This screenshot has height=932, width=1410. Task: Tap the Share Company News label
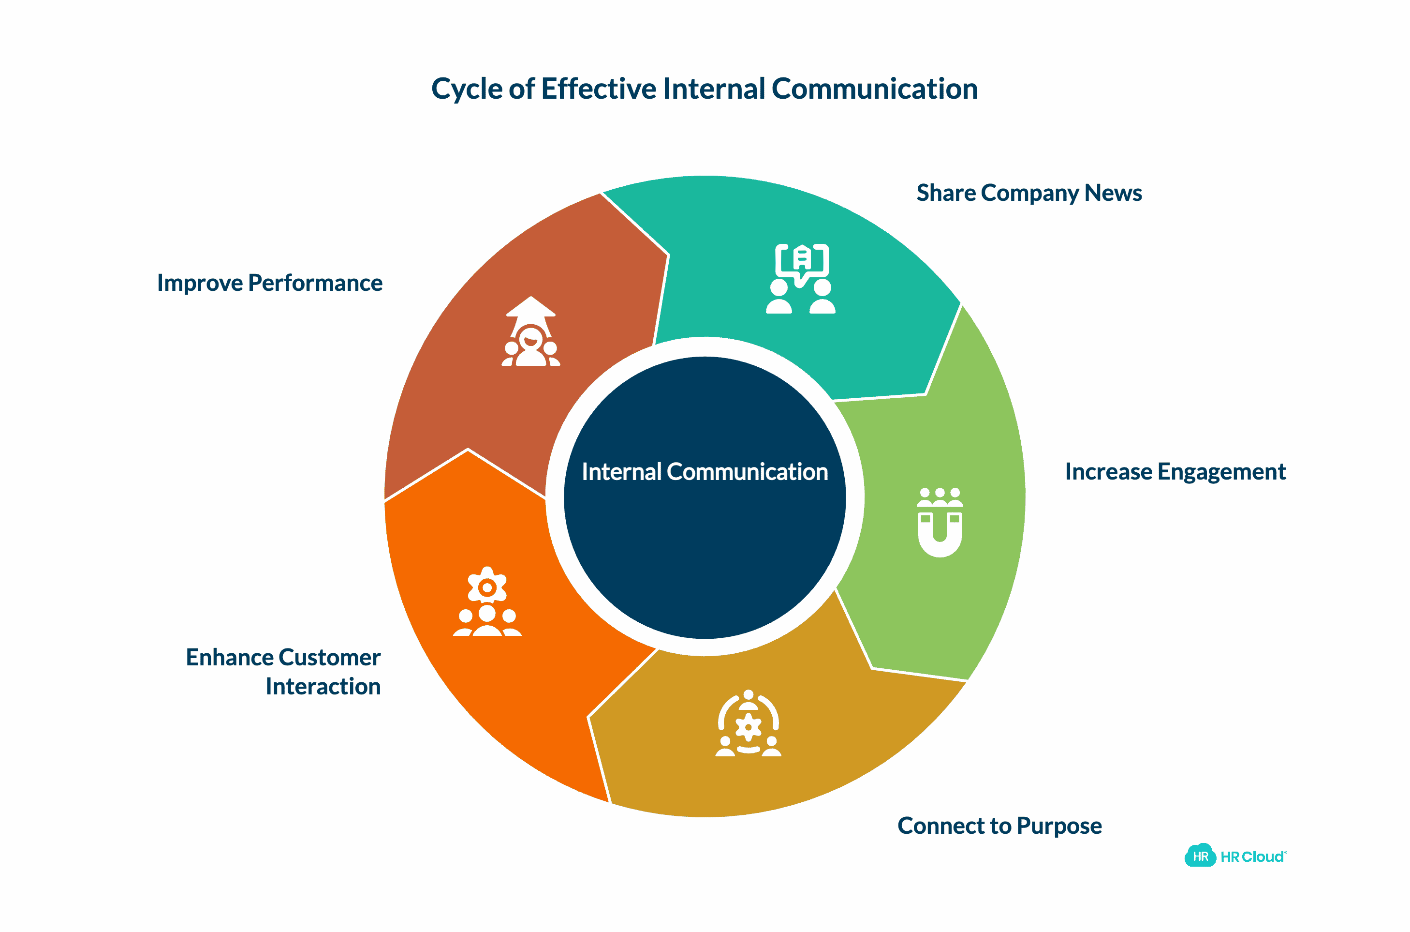pyautogui.click(x=1028, y=193)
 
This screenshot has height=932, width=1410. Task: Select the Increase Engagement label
pyautogui.click(x=1175, y=472)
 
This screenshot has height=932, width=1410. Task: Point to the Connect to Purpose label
pyautogui.click(x=999, y=826)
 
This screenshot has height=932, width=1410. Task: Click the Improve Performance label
pyautogui.click(x=270, y=283)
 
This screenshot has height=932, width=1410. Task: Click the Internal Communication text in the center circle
pyautogui.click(x=705, y=472)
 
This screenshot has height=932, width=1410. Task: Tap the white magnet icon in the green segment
pyautogui.click(x=940, y=523)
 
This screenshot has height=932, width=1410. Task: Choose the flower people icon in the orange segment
pyautogui.click(x=487, y=601)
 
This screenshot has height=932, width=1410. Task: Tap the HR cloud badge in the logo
pyautogui.click(x=1200, y=856)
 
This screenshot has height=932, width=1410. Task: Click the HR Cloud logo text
pyautogui.click(x=1252, y=857)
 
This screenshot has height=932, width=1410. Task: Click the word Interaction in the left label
pyautogui.click(x=323, y=687)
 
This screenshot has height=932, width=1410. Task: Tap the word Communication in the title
pyautogui.click(x=874, y=89)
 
